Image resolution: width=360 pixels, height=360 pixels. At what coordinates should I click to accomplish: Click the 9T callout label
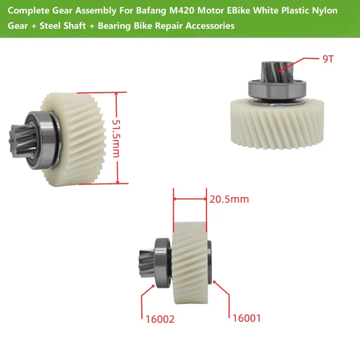pos(328,59)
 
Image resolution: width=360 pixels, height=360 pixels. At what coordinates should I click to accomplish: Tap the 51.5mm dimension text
pos(116,139)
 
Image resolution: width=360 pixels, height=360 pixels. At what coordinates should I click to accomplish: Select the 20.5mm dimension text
pos(229,199)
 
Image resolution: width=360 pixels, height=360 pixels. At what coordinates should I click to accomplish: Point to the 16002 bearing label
pos(160,319)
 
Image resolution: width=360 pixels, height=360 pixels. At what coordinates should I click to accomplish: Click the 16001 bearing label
pos(247,318)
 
